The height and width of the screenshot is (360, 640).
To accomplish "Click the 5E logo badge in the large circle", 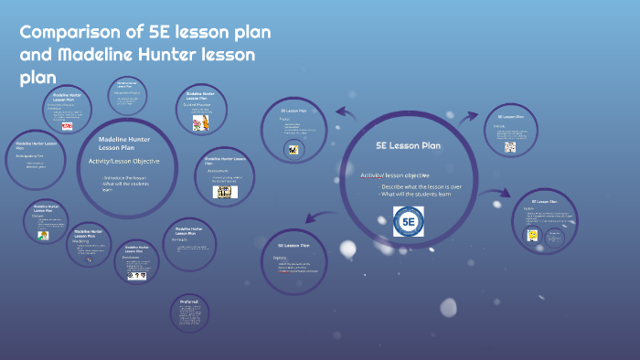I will (408, 221).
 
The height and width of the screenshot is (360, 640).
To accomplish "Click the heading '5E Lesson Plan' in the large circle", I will (408, 144).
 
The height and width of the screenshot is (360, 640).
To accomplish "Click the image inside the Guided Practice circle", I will (200, 122).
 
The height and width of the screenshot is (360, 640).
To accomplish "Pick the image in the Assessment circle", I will (225, 192).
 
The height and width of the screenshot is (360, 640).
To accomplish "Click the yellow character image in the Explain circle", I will (530, 235).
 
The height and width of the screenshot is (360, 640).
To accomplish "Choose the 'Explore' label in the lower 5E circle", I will (283, 258).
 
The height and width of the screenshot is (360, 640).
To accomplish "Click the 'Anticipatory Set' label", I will (30, 156).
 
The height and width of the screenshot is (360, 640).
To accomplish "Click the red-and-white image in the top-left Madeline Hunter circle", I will (67, 126).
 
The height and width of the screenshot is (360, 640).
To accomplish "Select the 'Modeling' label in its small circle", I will (83, 241).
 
